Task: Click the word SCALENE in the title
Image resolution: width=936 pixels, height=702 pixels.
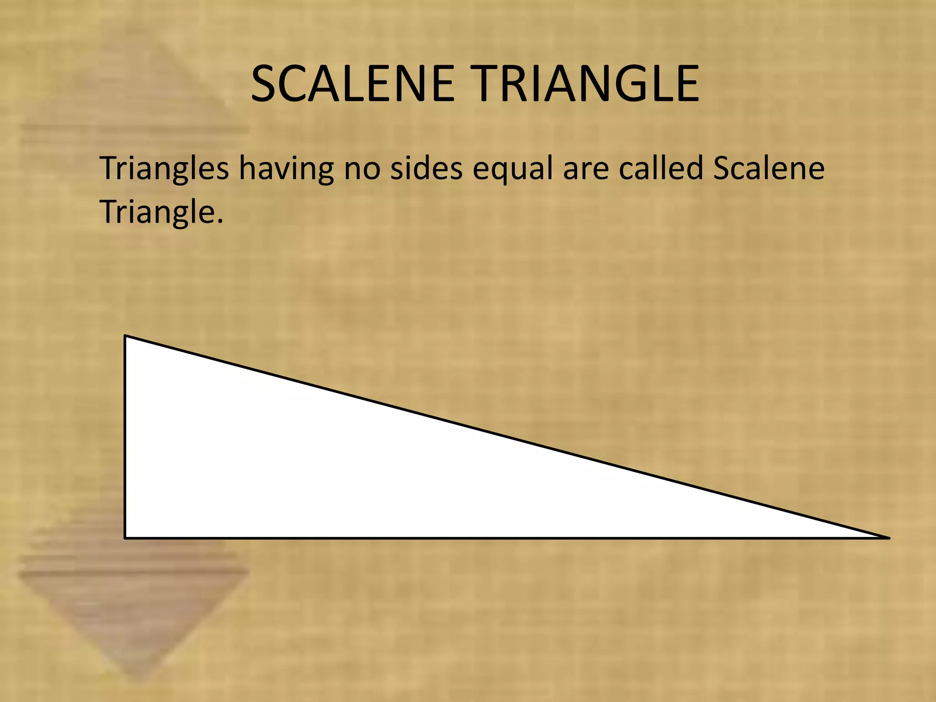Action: (352, 84)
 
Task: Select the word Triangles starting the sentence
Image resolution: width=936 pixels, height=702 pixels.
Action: (164, 169)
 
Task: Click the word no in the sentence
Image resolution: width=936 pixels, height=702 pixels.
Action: (362, 169)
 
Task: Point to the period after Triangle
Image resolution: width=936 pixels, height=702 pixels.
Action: (220, 221)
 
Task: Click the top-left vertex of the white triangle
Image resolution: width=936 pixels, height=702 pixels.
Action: (125, 336)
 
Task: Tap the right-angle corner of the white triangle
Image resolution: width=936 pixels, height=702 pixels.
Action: (126, 537)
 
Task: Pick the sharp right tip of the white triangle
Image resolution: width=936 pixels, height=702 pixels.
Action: (888, 537)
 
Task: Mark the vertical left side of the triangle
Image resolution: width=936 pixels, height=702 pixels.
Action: (125, 436)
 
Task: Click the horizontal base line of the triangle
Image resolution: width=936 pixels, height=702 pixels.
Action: (503, 538)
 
